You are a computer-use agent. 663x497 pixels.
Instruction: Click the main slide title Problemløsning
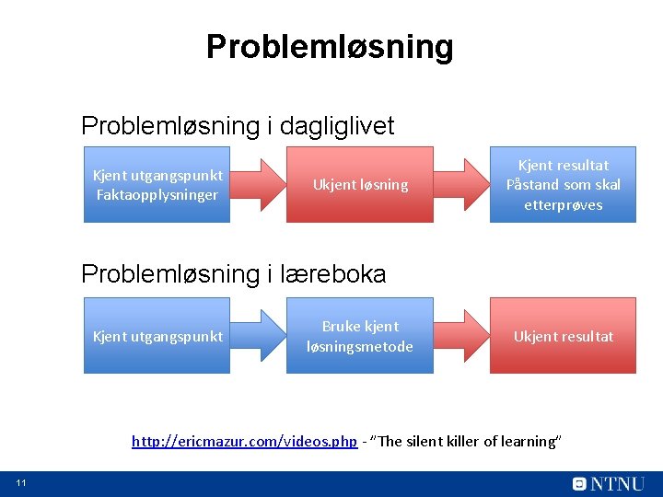(x=330, y=46)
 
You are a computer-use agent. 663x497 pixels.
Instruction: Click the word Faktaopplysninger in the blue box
(x=157, y=194)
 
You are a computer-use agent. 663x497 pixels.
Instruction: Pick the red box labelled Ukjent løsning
(x=360, y=185)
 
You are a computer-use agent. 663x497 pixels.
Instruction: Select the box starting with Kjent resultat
(x=563, y=184)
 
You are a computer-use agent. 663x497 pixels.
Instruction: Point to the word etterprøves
(x=563, y=204)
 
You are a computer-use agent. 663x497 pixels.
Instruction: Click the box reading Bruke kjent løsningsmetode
(x=360, y=336)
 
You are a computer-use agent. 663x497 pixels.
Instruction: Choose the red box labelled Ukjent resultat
(x=563, y=336)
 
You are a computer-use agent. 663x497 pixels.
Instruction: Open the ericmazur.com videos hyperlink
(x=244, y=442)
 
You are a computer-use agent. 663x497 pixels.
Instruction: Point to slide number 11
(x=20, y=484)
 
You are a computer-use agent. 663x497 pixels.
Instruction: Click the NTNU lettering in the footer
(x=618, y=483)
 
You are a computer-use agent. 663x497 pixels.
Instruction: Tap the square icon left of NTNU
(x=579, y=483)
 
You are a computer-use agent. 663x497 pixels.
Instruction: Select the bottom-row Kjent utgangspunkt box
(x=157, y=336)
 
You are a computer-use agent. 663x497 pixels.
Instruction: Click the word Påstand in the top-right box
(x=530, y=184)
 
